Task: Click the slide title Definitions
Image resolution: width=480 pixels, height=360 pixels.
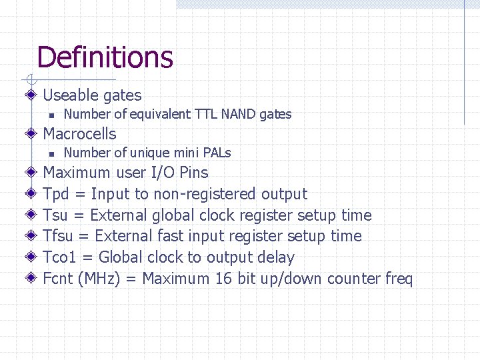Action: click(105, 57)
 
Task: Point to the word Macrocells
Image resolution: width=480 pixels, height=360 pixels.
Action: click(79, 133)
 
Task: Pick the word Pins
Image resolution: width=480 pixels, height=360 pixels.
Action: click(193, 173)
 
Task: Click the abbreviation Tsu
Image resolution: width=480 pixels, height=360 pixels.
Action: click(55, 215)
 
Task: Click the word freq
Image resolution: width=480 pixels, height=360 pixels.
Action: click(399, 279)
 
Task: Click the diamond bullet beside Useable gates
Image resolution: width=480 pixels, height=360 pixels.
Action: click(31, 96)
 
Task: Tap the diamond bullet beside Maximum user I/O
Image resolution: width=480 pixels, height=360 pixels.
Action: click(31, 173)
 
